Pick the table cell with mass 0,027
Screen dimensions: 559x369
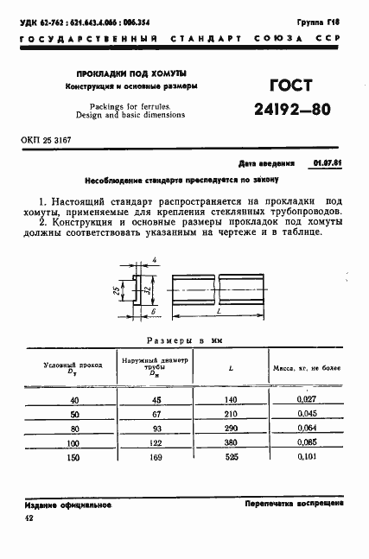point(306,399)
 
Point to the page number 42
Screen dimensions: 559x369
point(30,518)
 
